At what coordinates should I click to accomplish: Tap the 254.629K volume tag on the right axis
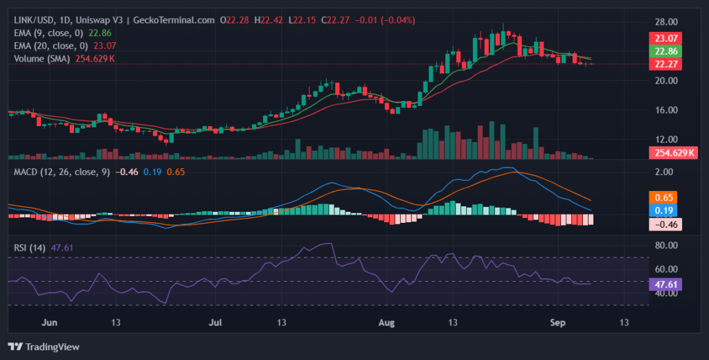[671, 153]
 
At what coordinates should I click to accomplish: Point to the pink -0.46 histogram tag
[665, 224]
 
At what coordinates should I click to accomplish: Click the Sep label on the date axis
[557, 323]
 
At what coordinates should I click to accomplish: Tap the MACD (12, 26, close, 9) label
[62, 171]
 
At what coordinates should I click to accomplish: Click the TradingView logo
[44, 346]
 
